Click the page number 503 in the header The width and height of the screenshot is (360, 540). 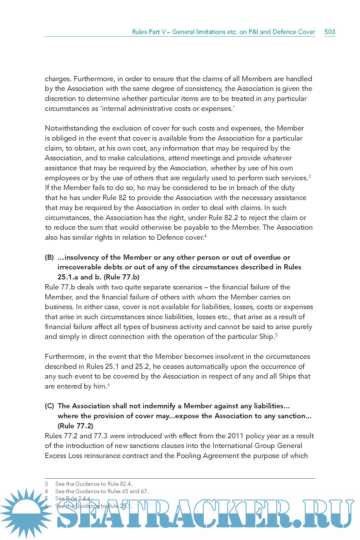(x=330, y=32)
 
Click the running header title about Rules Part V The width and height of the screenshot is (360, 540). (x=223, y=32)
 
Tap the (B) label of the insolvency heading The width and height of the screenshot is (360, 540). (x=49, y=257)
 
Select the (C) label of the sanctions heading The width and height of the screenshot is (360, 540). (x=49, y=406)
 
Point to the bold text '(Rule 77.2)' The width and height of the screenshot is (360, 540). (x=75, y=426)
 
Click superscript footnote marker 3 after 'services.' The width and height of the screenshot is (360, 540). (x=310, y=176)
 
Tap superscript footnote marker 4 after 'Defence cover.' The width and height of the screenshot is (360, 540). (x=205, y=235)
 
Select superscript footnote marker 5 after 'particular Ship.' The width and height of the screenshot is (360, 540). (x=277, y=335)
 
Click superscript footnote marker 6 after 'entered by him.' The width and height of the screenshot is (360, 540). (x=109, y=384)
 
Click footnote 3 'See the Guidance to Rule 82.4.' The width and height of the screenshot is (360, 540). (x=94, y=484)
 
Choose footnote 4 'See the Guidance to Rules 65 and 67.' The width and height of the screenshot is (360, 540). (x=102, y=491)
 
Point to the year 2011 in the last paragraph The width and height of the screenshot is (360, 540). (x=235, y=436)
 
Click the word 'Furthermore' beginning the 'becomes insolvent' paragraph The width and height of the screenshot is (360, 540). (x=65, y=357)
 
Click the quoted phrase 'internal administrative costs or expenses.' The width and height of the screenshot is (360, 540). (x=167, y=109)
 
